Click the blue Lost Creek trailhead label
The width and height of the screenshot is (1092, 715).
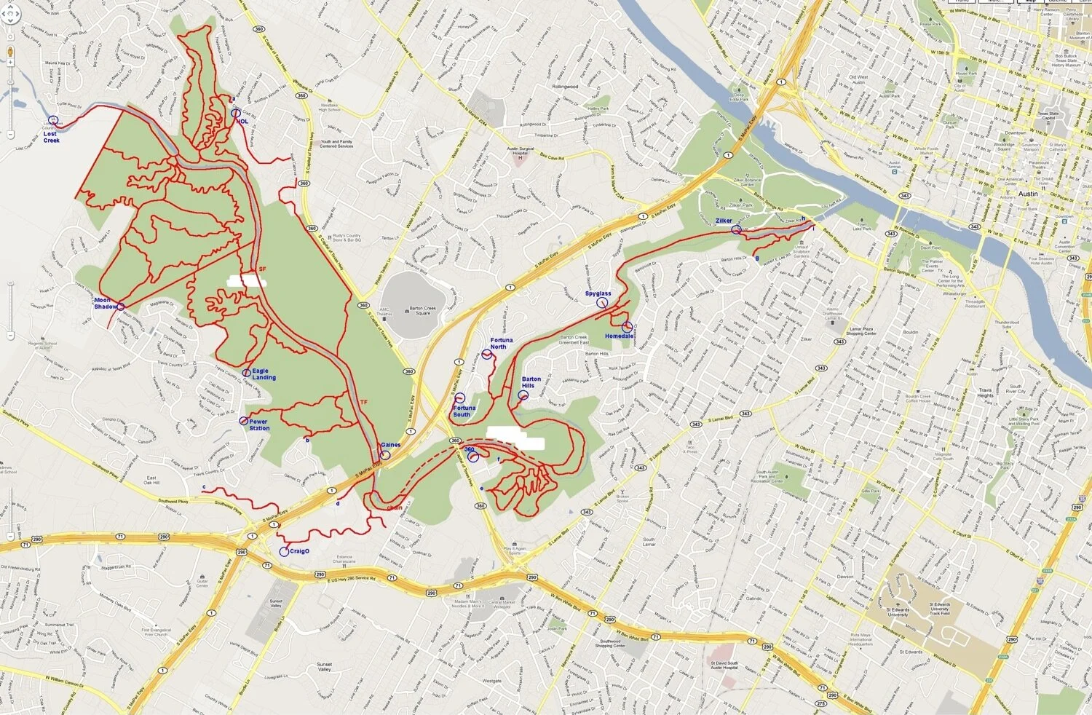tap(50, 137)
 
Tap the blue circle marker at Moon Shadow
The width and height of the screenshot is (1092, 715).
tap(120, 307)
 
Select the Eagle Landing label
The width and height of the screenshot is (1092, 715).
tap(264, 374)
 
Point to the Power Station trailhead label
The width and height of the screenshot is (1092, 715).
tap(259, 424)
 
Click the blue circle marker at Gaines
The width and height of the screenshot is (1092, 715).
tap(384, 455)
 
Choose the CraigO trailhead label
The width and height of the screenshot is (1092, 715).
tap(299, 551)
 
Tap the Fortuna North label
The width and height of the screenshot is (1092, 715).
tap(501, 344)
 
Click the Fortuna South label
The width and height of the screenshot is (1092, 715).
tap(464, 411)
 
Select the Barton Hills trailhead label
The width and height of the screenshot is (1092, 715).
tap(531, 382)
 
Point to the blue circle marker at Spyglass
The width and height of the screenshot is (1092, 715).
tap(602, 302)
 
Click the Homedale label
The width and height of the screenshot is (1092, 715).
tap(618, 336)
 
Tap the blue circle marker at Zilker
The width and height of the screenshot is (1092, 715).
tap(736, 230)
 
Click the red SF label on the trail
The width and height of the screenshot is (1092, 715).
tap(262, 269)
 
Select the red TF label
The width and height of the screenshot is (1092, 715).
tap(363, 403)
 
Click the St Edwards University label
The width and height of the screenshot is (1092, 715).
tap(898, 610)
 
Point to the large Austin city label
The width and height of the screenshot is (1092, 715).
tap(1028, 194)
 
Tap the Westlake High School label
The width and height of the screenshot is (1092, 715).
tap(329, 108)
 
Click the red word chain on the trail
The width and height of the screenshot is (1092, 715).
tap(395, 507)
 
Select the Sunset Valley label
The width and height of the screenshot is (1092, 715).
tap(324, 667)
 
